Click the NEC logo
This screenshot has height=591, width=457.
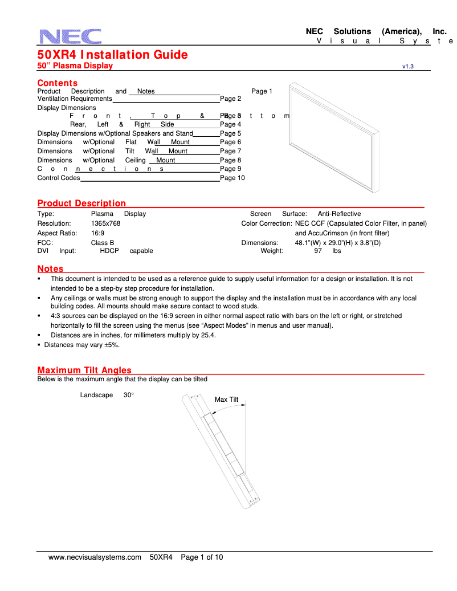click(x=71, y=36)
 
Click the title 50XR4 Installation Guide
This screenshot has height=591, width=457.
click(x=112, y=55)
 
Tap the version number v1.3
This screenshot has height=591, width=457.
click(x=407, y=67)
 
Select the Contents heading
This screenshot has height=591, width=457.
click(x=57, y=83)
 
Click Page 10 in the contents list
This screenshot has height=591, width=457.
click(x=232, y=178)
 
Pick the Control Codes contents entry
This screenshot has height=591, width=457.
click(x=59, y=178)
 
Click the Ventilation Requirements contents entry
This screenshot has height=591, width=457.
click(x=75, y=99)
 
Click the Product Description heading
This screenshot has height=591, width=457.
click(x=81, y=203)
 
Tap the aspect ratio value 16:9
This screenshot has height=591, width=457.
click(x=97, y=233)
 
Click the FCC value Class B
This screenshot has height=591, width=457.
click(x=103, y=243)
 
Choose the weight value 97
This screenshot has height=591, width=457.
click(x=318, y=251)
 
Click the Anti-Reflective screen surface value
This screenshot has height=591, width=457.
click(x=339, y=214)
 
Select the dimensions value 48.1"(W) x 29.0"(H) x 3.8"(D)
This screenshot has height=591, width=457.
click(x=337, y=243)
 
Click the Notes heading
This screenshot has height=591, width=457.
click(x=50, y=269)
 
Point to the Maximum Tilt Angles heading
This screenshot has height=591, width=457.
click(x=84, y=370)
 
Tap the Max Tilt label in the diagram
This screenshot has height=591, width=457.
click(x=226, y=400)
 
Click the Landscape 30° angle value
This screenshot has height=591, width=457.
click(x=128, y=395)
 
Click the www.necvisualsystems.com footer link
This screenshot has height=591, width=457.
click(x=95, y=557)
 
